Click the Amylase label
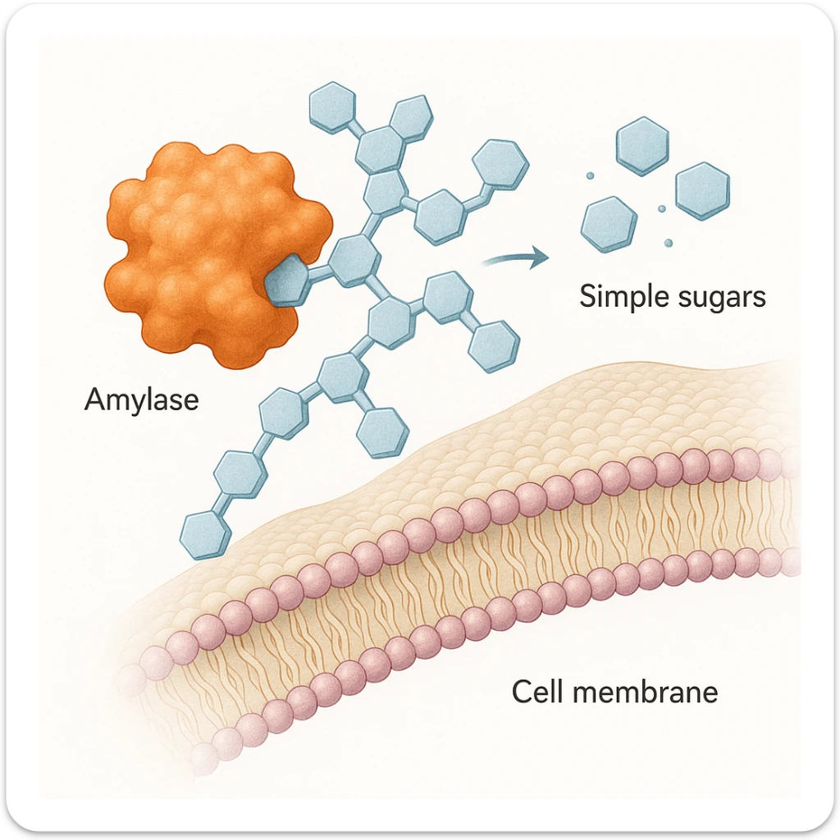click(141, 400)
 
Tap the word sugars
click(722, 298)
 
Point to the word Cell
click(537, 692)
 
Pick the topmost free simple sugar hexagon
click(642, 146)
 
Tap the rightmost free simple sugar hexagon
click(702, 191)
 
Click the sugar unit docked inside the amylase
click(287, 280)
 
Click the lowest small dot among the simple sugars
click(669, 243)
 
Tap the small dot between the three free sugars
click(661, 210)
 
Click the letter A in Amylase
click(94, 400)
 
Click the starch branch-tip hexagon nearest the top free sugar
click(500, 162)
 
